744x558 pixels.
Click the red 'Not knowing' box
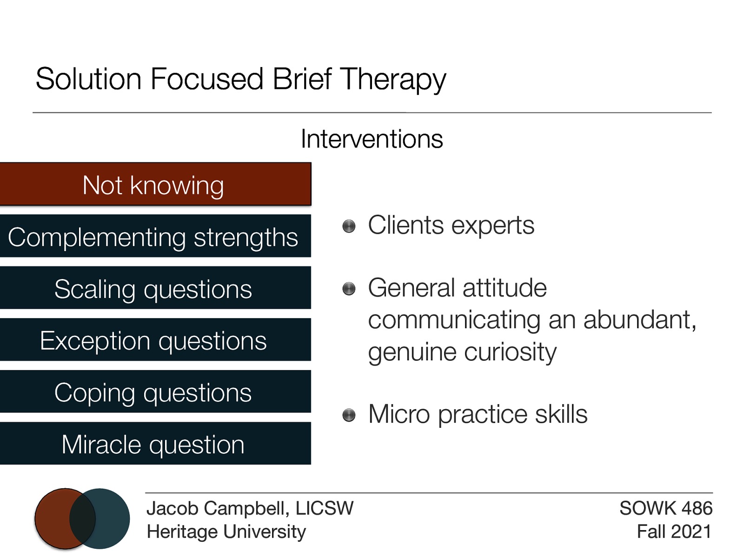(x=155, y=185)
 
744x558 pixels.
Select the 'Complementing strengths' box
(x=155, y=236)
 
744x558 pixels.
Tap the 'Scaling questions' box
(x=155, y=288)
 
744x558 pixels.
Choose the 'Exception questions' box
(x=155, y=340)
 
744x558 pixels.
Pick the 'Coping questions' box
(x=155, y=392)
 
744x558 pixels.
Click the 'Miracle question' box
(x=155, y=444)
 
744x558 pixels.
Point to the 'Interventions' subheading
(x=372, y=139)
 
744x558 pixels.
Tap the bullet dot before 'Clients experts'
(x=349, y=226)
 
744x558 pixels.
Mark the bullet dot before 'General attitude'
(x=349, y=289)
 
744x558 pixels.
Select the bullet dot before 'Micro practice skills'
(x=349, y=415)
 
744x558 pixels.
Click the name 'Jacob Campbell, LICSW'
(x=250, y=508)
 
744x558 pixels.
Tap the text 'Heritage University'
(x=226, y=531)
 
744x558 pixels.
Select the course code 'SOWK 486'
(x=665, y=508)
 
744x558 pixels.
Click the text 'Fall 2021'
(x=673, y=531)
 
